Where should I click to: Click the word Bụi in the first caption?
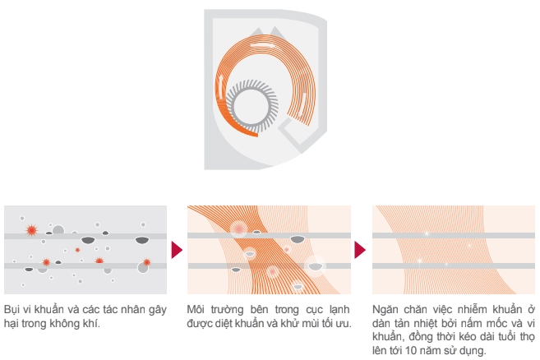pyautogui.click(x=11, y=310)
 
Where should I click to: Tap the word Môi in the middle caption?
pyautogui.click(x=196, y=309)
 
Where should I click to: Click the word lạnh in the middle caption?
pyautogui.click(x=339, y=310)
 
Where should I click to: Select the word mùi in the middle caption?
pyautogui.click(x=311, y=324)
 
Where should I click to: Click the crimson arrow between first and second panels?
pyautogui.click(x=177, y=250)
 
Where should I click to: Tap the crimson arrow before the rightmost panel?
pyautogui.click(x=360, y=250)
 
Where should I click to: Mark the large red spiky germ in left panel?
pyautogui.click(x=31, y=230)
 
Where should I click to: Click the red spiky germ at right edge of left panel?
pyautogui.click(x=146, y=262)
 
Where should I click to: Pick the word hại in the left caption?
pyautogui.click(x=11, y=324)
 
